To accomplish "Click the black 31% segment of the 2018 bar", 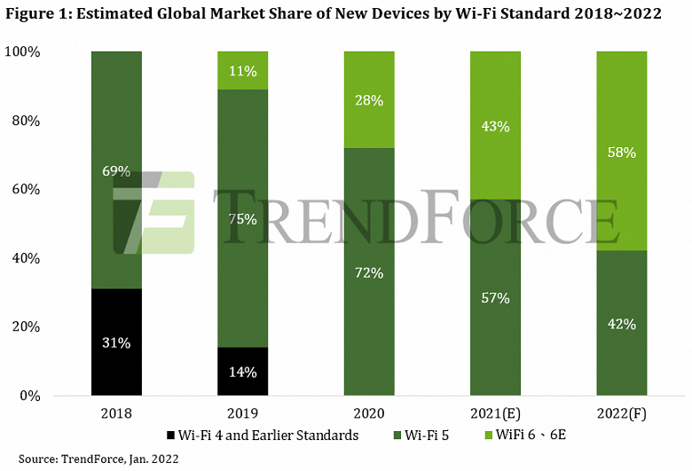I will (116, 342).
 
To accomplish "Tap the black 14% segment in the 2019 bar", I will (242, 371).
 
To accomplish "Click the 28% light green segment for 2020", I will (369, 99).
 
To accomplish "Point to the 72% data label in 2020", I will (369, 272).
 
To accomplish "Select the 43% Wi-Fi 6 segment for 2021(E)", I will (495, 125).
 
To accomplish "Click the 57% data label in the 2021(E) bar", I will (495, 298).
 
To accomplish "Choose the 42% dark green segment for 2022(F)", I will (621, 323).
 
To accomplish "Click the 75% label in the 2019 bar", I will (242, 219).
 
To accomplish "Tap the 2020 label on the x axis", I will (369, 412).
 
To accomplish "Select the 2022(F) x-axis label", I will (621, 412).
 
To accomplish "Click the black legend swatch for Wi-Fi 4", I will (170, 436).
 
